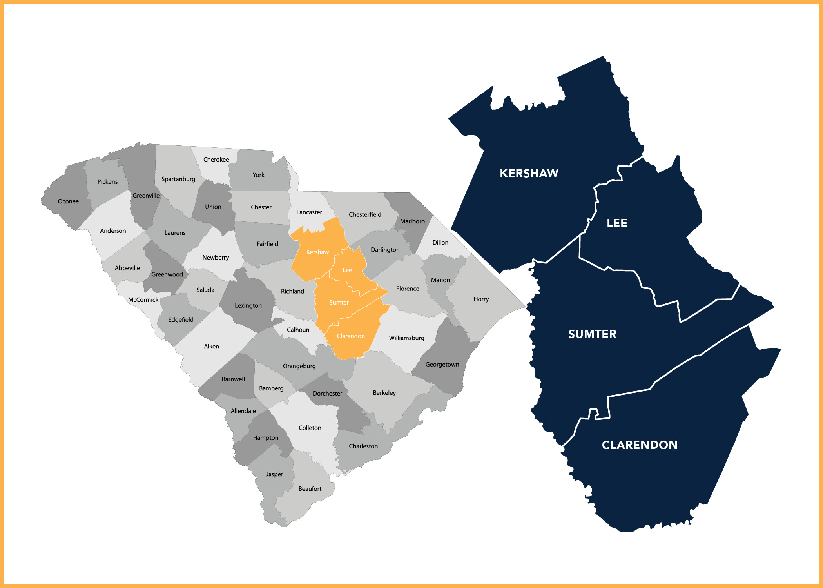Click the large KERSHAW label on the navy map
(x=529, y=173)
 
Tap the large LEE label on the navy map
(x=617, y=223)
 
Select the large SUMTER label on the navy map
(x=592, y=334)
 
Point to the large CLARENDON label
(x=640, y=445)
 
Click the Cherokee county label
(x=216, y=160)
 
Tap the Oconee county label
(x=68, y=201)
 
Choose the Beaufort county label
(x=310, y=489)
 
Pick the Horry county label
(x=481, y=299)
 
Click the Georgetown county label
(x=442, y=365)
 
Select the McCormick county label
(x=143, y=300)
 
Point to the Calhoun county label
(x=298, y=330)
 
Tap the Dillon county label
(x=440, y=243)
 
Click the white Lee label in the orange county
(x=347, y=270)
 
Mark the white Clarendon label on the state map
(x=351, y=336)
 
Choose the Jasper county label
(x=274, y=474)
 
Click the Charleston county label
(x=363, y=446)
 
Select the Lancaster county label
(x=309, y=212)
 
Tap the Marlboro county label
(x=412, y=221)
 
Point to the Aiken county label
(x=211, y=347)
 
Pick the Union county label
(x=213, y=207)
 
